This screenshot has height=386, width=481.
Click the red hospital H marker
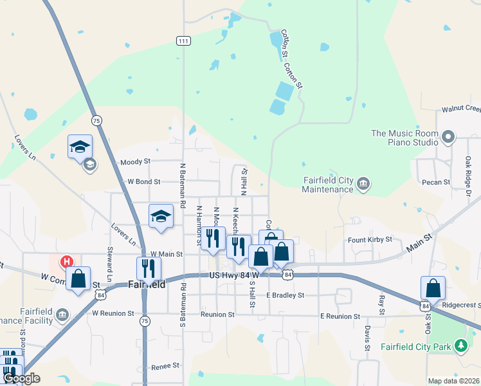tap(66, 261)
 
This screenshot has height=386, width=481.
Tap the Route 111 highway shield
tap(183, 41)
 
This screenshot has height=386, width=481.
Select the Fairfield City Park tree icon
tap(460, 346)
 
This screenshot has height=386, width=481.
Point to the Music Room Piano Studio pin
tap(448, 136)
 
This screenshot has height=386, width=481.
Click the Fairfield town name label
tap(147, 284)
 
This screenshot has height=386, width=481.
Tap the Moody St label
tap(135, 161)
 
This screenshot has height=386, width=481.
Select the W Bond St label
tap(144, 181)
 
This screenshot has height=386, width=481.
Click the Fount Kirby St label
tap(370, 239)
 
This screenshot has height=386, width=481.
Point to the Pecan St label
tap(436, 182)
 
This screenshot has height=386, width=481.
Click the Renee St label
tap(166, 365)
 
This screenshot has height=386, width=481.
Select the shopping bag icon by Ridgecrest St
tap(433, 288)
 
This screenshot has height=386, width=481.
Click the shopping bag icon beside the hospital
tap(78, 279)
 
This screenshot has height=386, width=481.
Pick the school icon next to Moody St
tap(80, 147)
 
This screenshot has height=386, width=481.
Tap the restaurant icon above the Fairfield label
tap(149, 269)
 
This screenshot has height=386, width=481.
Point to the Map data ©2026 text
tap(454, 381)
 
